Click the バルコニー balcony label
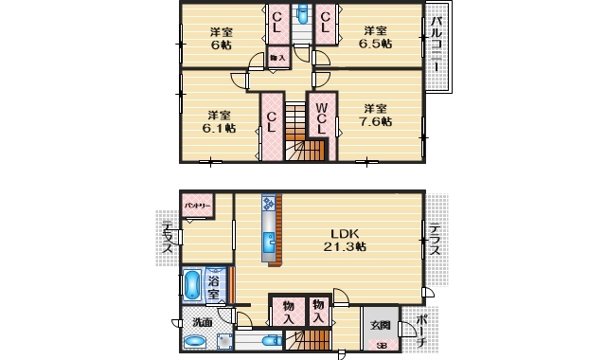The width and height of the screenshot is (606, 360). coord(437,45)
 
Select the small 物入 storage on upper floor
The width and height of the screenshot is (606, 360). coord(278,59)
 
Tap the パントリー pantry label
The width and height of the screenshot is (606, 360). coord(198,205)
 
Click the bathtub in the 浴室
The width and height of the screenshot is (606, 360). coord(192,285)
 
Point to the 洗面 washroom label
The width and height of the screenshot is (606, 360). coord(203,322)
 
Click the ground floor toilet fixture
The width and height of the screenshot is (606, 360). coord(263,342)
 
